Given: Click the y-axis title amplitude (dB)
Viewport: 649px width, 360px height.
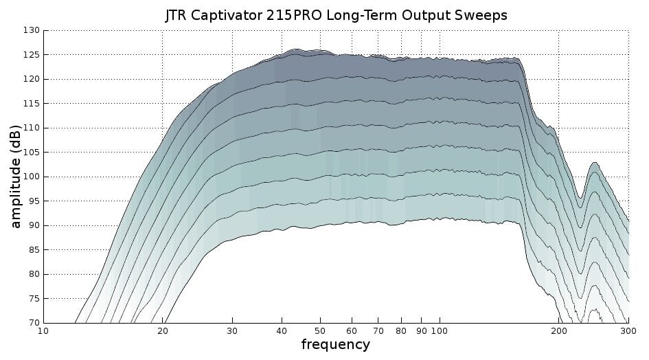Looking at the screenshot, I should [x=16, y=177].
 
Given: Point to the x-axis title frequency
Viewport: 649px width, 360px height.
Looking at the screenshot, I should [x=335, y=344].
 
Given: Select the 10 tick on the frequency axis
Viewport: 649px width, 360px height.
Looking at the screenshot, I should [x=43, y=330].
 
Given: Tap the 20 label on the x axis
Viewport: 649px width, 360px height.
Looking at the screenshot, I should [x=163, y=330].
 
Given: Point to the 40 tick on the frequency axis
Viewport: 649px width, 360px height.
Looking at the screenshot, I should [x=282, y=330].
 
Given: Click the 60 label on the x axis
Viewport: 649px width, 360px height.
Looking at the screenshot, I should [x=352, y=330].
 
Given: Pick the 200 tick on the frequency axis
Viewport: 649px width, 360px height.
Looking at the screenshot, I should [x=559, y=330].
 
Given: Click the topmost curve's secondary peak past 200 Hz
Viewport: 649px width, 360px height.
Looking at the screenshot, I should [x=593, y=162].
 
